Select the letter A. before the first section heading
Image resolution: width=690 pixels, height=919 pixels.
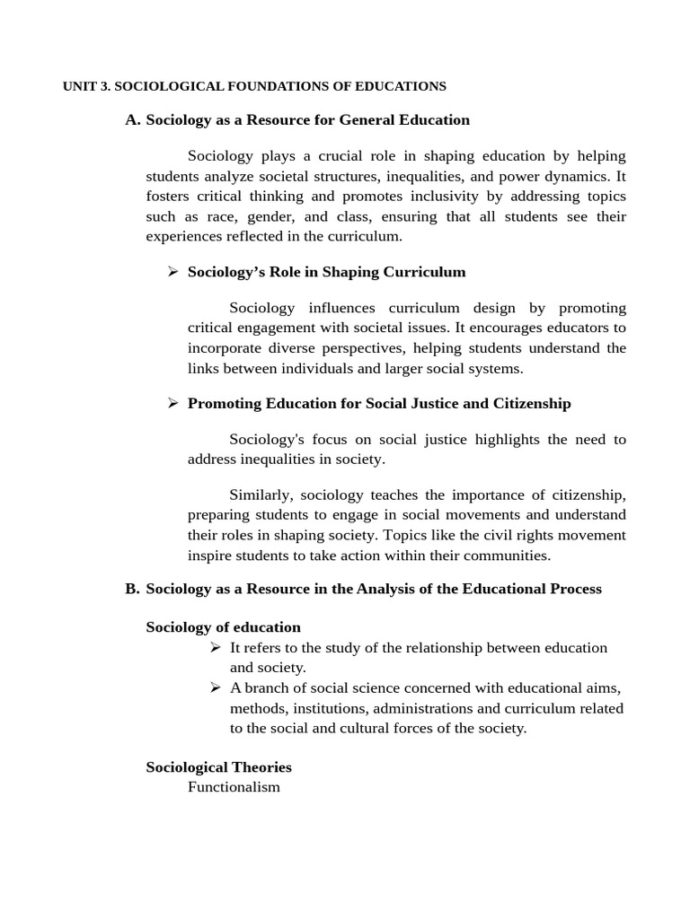[x=133, y=119]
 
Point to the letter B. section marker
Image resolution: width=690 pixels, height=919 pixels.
[x=133, y=589]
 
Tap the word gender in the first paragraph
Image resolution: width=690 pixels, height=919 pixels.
[x=275, y=216]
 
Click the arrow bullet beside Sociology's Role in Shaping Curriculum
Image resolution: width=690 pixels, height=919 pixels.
[x=173, y=272]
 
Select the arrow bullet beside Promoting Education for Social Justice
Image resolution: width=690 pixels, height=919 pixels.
[x=173, y=404]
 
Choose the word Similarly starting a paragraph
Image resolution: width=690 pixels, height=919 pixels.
[x=261, y=495]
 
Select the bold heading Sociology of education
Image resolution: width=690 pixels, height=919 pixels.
[x=223, y=627]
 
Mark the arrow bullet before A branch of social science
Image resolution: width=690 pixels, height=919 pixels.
[x=215, y=688]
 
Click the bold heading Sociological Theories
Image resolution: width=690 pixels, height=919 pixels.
[x=218, y=767]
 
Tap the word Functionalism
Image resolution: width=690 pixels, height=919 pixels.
[x=234, y=787]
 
